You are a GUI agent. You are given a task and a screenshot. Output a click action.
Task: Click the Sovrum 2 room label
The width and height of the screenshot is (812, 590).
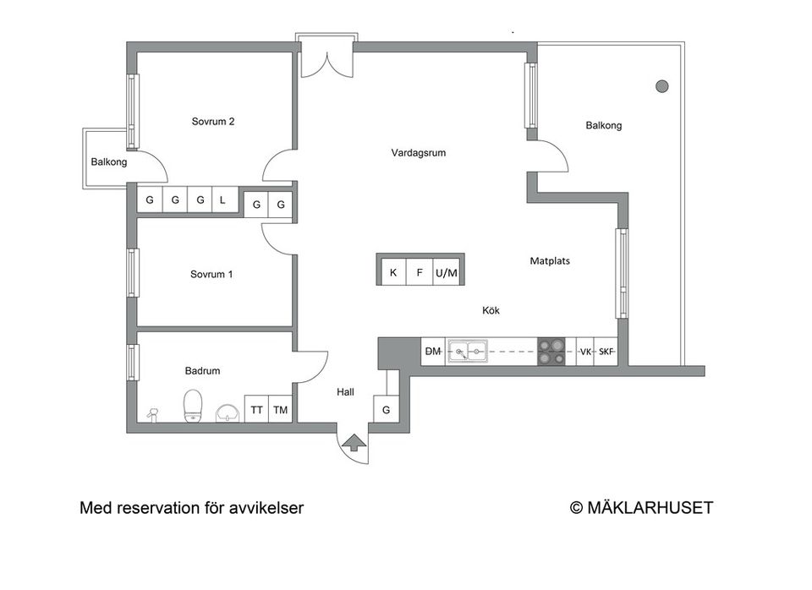(x=212, y=122)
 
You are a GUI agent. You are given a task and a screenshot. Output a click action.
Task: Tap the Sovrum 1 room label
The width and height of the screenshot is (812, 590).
(x=211, y=275)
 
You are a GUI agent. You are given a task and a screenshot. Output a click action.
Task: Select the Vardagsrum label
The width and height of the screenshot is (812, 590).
(x=418, y=154)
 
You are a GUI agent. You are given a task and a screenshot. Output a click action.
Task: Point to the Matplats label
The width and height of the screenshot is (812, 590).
(x=550, y=261)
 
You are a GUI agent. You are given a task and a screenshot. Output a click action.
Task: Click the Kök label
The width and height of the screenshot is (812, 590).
(x=491, y=311)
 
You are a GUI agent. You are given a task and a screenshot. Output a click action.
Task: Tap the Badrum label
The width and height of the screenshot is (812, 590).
(x=202, y=371)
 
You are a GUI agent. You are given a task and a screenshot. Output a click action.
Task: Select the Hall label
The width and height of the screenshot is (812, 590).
(x=345, y=392)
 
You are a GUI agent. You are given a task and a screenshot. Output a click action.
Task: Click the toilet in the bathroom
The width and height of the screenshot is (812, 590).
(x=193, y=405)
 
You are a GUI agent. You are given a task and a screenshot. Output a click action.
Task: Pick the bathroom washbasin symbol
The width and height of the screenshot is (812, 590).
(x=228, y=412)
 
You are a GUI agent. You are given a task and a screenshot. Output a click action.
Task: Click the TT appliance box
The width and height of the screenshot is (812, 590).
(x=256, y=411)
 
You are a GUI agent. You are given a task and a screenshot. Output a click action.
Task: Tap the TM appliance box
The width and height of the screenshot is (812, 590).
(x=280, y=411)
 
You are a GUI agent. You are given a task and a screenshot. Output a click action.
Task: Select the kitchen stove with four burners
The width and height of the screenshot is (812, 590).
(x=552, y=352)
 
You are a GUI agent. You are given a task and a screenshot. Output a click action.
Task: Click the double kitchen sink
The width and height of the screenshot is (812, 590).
(x=468, y=352)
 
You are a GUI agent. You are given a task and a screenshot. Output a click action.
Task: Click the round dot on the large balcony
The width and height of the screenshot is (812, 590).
(x=662, y=85)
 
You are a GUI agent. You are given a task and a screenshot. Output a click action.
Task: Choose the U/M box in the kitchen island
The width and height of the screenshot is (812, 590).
(x=446, y=273)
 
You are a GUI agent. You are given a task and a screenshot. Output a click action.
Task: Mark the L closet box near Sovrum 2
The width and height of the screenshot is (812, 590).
(x=222, y=200)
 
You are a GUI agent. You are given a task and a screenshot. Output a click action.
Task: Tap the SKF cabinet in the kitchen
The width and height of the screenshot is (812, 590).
(x=606, y=352)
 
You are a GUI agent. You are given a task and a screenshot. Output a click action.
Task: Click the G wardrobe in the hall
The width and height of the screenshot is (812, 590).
(x=386, y=410)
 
